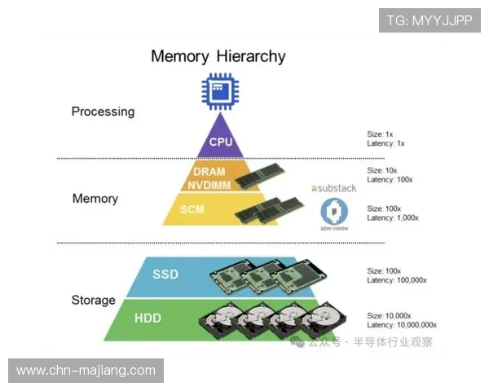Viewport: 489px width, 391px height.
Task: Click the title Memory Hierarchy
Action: [x=218, y=56]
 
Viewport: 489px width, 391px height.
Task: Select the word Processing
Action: [x=103, y=112]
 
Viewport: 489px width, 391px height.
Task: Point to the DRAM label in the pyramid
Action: [x=209, y=171]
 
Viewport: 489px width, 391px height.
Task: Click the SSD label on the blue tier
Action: [x=165, y=274]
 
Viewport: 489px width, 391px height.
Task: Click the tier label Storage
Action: [x=94, y=300]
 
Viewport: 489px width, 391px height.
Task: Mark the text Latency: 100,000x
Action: [x=397, y=280]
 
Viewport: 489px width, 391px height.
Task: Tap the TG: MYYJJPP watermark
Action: [x=429, y=20]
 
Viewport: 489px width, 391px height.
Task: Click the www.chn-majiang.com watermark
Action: [x=86, y=371]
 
